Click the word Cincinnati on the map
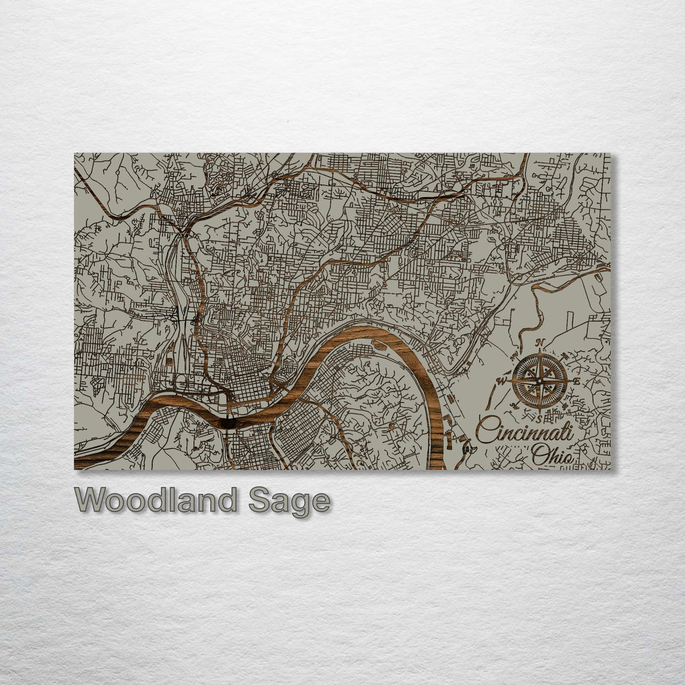[525, 431]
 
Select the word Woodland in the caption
[156, 500]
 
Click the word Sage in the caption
[289, 502]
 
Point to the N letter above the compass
[540, 343]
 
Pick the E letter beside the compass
[576, 381]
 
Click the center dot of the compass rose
[540, 381]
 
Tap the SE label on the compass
[564, 406]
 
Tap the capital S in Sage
[259, 500]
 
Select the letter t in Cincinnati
[564, 432]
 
